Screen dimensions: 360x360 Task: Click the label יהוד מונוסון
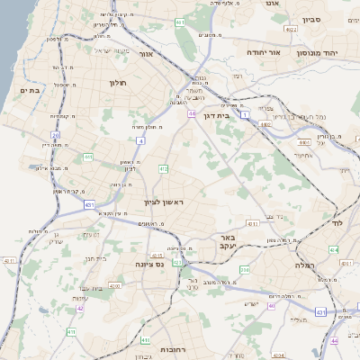(x=331, y=53)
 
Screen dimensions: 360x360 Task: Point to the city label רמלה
(x=306, y=265)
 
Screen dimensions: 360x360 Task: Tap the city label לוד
(x=337, y=221)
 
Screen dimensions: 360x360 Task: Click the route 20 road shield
(x=55, y=136)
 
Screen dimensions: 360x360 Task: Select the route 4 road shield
(x=140, y=141)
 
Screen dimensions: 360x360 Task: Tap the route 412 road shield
(x=164, y=168)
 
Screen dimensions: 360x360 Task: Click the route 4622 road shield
(x=291, y=30)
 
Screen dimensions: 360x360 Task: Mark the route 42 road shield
(x=80, y=309)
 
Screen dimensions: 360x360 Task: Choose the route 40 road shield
(x=271, y=305)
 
